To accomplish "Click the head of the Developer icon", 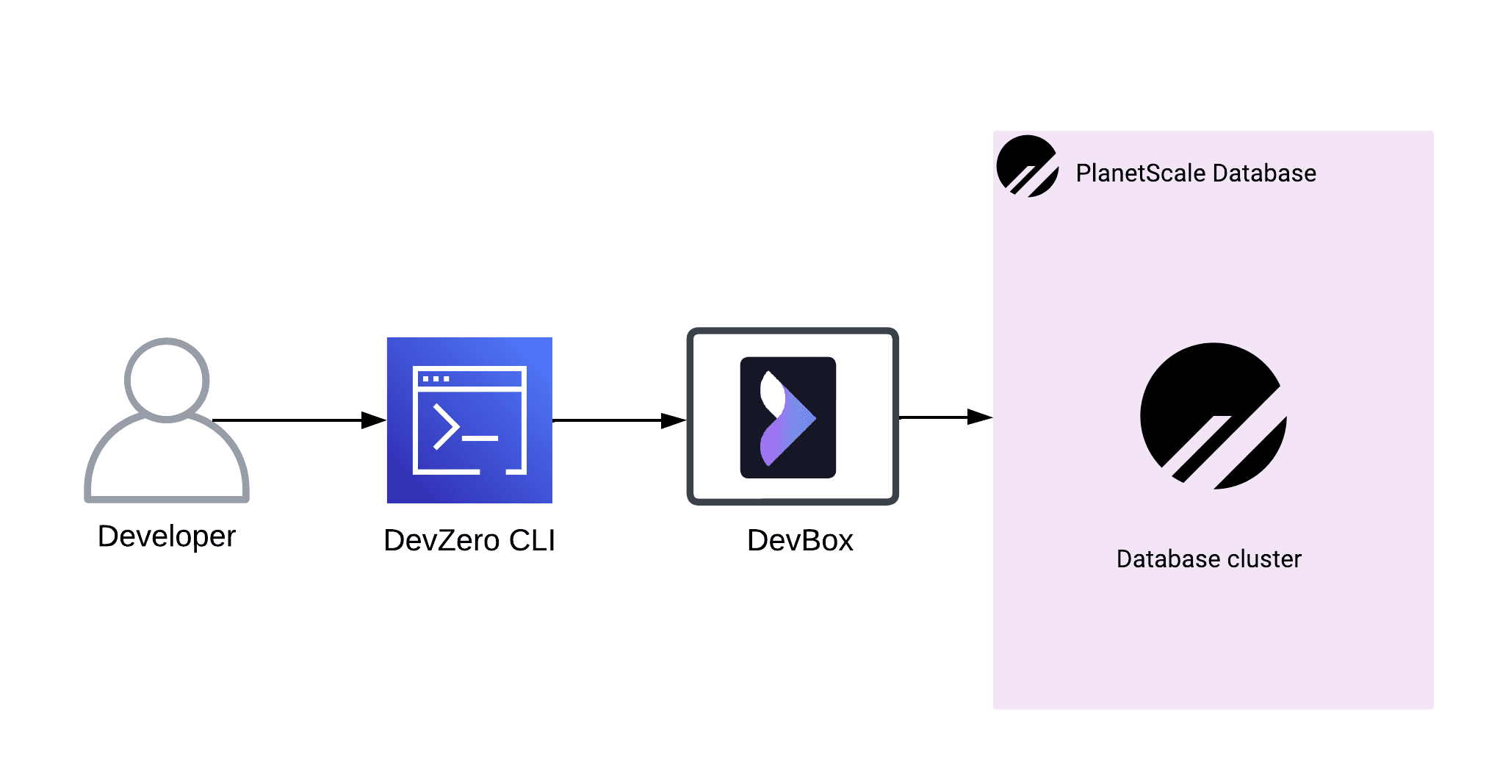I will tap(167, 380).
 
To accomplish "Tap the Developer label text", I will tap(167, 536).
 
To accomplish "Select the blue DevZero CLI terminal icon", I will tap(469, 420).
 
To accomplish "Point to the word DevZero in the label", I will tap(441, 541).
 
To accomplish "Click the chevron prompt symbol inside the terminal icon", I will tap(446, 426).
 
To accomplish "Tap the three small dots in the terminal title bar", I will tap(436, 379).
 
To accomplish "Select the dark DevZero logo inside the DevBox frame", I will tap(787, 417).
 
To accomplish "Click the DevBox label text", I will tap(800, 541).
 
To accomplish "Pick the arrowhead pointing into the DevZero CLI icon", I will tap(374, 420).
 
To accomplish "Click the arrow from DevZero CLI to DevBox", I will tap(617, 420).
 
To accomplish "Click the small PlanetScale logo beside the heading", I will tap(1027, 166).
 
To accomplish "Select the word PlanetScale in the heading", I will tap(1141, 173).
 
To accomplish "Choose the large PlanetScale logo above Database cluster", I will tap(1213, 416).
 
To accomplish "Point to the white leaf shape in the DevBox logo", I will tap(771, 394).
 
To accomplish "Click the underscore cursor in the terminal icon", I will tap(480, 439).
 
